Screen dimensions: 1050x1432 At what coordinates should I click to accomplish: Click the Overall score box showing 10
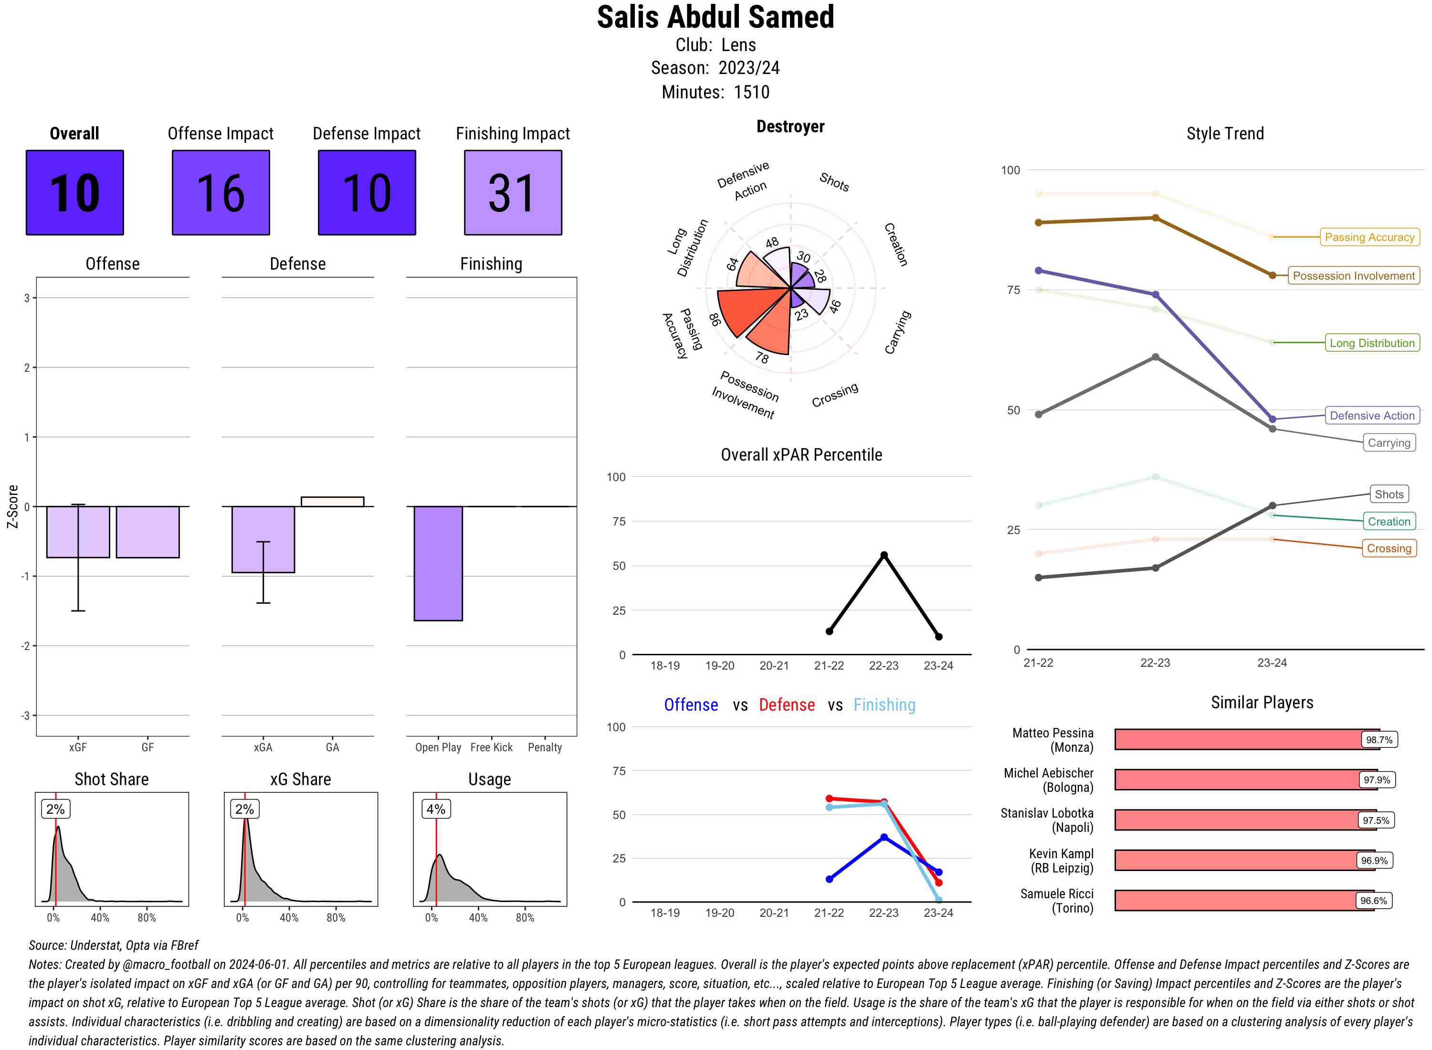[74, 193]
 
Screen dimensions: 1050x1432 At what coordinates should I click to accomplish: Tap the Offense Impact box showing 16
[221, 193]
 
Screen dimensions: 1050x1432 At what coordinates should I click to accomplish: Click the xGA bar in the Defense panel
[263, 539]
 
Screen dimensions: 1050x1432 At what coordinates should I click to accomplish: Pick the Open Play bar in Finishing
[438, 563]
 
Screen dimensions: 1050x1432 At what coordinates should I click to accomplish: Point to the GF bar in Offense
[147, 532]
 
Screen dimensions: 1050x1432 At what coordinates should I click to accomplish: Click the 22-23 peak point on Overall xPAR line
[884, 555]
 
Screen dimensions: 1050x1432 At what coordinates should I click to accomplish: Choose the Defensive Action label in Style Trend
[1372, 416]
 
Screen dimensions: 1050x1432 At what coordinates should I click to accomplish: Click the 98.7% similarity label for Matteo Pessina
[1379, 740]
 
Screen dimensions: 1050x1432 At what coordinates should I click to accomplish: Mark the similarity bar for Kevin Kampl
[1244, 861]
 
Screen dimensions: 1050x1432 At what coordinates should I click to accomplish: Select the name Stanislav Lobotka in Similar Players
[1047, 814]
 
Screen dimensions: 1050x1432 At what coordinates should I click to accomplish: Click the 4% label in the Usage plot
[435, 809]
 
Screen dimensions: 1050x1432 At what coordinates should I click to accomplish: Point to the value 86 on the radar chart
[715, 319]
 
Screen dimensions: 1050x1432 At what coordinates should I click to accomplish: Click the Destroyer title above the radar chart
[790, 126]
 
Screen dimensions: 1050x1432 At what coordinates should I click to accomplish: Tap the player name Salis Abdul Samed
[715, 17]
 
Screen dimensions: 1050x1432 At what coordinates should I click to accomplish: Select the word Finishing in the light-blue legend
[884, 705]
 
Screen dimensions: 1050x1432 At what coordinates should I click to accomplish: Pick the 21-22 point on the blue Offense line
[829, 879]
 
